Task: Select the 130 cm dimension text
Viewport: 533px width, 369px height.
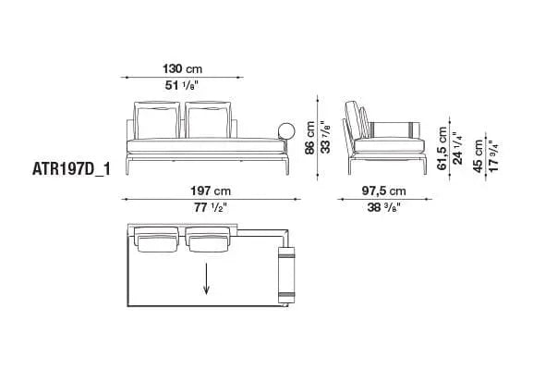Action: (182, 69)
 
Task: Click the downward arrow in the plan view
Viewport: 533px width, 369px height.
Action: (206, 277)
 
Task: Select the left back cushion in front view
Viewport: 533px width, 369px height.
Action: (155, 119)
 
